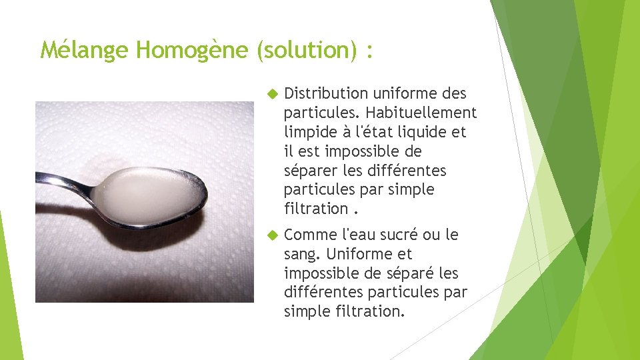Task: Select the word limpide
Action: [x=309, y=132]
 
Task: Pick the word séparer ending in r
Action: [x=310, y=171]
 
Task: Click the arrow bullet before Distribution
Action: [x=270, y=93]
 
